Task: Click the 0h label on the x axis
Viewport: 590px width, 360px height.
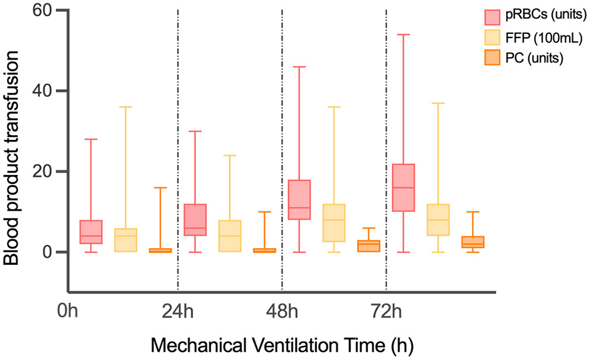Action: (x=70, y=311)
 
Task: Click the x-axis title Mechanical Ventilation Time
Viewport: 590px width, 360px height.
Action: (x=281, y=345)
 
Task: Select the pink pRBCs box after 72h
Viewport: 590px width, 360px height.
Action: (x=404, y=187)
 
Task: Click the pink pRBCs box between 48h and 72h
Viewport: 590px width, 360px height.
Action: (x=299, y=199)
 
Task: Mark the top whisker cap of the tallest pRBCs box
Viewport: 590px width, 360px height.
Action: (x=404, y=35)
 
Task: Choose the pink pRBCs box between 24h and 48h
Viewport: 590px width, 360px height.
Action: (x=195, y=220)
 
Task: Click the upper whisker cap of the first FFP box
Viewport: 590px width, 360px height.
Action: (x=125, y=107)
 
